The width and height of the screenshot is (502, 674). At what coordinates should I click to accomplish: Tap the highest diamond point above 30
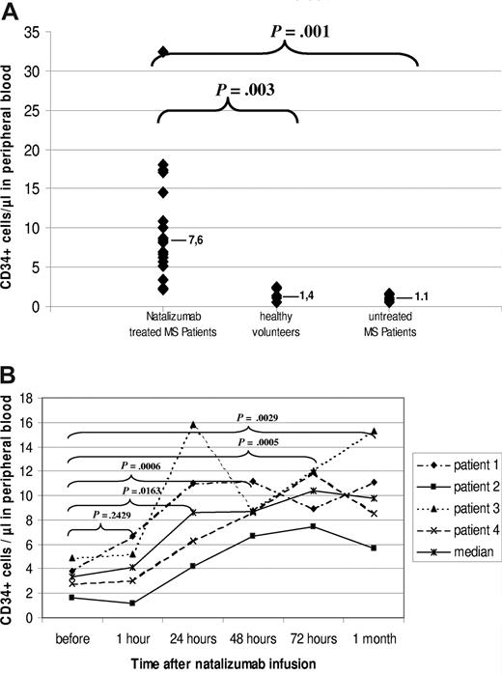tap(163, 51)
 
